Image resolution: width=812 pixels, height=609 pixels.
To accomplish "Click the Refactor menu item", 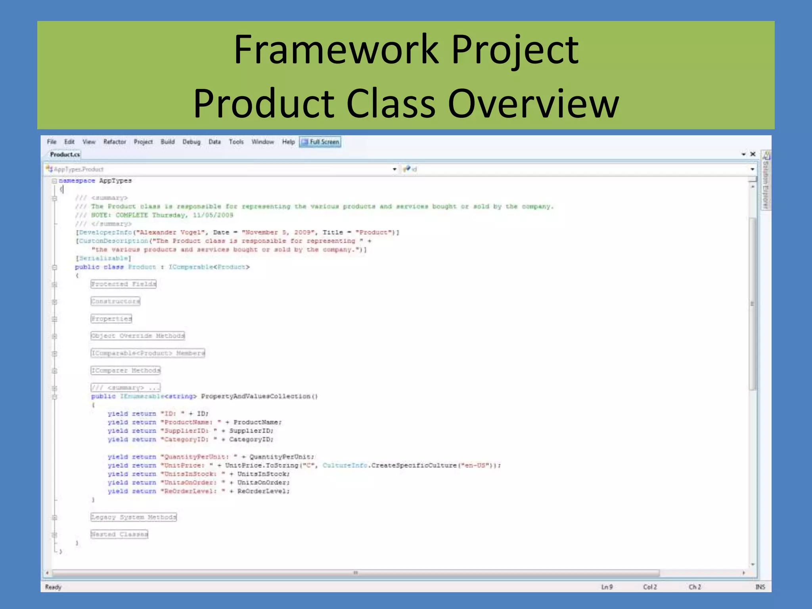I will (x=115, y=142).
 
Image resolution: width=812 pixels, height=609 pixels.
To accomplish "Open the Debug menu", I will (x=191, y=142).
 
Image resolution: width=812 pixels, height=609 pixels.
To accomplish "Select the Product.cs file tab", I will (x=65, y=155).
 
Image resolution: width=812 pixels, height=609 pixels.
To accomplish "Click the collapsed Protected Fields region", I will (x=123, y=284).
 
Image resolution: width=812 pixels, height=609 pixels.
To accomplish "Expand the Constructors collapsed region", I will (x=115, y=301).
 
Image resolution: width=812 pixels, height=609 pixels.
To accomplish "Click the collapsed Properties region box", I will (x=111, y=319).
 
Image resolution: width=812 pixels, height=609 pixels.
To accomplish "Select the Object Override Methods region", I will (x=138, y=336).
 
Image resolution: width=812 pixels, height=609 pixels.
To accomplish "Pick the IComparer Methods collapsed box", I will (x=126, y=370).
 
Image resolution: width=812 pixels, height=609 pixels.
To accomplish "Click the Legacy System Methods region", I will (x=134, y=517).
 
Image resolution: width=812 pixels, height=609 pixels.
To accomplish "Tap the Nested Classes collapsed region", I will (x=119, y=534).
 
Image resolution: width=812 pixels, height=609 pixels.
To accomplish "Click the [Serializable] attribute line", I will (x=103, y=258).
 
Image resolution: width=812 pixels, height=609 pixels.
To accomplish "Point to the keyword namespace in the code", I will (x=77, y=181).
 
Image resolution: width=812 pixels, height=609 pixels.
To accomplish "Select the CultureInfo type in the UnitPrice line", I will (x=345, y=465).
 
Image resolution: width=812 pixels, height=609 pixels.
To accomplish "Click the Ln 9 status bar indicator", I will (x=607, y=587).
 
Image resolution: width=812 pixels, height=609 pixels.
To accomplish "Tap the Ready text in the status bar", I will (x=54, y=587).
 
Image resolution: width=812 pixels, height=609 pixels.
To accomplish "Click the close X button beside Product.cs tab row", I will (x=753, y=154).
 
